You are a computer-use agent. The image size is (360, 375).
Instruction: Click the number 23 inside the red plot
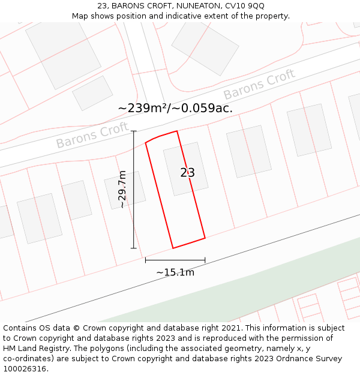click(188, 173)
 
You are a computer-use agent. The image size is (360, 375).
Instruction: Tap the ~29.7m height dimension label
click(122, 190)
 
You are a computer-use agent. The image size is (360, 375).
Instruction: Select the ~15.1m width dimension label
click(175, 272)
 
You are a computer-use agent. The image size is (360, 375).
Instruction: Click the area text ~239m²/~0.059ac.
click(175, 108)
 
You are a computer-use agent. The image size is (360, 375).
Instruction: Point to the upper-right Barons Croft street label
click(259, 85)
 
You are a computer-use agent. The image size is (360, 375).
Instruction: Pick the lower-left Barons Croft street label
click(92, 135)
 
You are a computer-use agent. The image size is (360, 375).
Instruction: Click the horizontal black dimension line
click(175, 260)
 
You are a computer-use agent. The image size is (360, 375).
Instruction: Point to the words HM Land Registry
click(32, 349)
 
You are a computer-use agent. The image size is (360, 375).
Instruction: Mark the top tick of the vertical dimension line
click(134, 131)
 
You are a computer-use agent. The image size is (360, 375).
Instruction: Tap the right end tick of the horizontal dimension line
click(205, 260)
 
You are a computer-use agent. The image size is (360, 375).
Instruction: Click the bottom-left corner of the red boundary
click(173, 248)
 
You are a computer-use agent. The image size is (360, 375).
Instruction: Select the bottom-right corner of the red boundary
click(205, 238)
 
